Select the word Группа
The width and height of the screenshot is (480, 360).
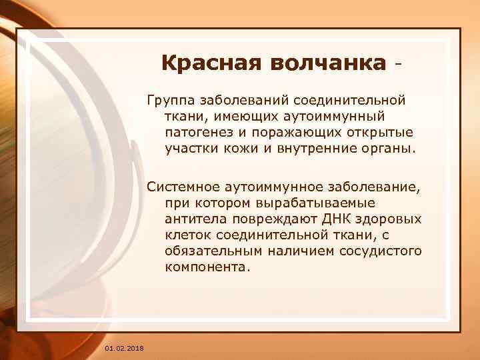(x=169, y=101)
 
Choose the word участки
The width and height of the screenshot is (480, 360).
(x=190, y=148)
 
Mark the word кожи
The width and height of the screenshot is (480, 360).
(x=239, y=148)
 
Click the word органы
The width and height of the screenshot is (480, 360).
(x=388, y=148)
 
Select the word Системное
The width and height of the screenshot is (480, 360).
(x=181, y=187)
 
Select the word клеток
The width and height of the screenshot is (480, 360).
(x=187, y=235)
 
